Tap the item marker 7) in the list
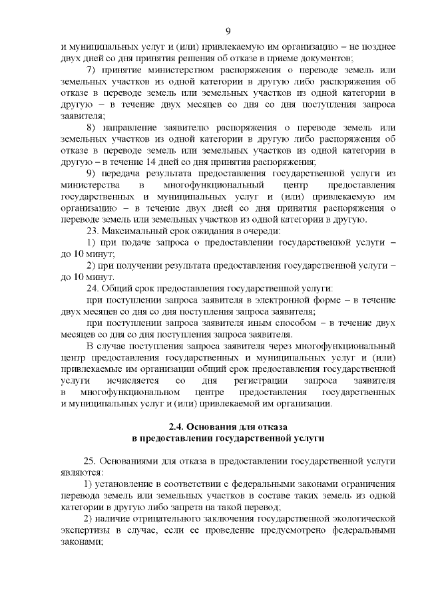pos(92,70)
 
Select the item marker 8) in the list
pos(92,127)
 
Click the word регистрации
pos(264,380)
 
